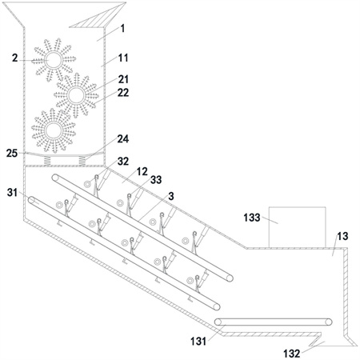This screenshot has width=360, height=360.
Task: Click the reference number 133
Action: click(252, 218)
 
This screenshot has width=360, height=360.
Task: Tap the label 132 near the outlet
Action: click(291, 354)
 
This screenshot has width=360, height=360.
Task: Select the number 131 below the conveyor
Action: click(198, 341)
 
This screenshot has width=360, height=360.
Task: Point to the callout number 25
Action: click(12, 154)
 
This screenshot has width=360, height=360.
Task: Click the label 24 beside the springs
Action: click(123, 139)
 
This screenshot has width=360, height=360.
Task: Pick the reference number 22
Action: click(123, 93)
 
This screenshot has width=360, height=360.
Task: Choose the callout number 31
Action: click(12, 192)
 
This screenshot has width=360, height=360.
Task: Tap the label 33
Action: click(156, 180)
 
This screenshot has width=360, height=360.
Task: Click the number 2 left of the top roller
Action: click(15, 58)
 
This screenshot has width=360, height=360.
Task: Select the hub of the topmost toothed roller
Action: click(54, 60)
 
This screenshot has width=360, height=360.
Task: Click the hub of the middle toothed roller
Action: click(76, 95)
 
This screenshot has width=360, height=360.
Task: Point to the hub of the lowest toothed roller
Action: click(54, 130)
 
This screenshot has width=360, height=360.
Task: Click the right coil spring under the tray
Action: click(83, 161)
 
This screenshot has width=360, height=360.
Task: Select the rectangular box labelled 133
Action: click(297, 227)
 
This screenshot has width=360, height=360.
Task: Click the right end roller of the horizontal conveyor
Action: click(329, 322)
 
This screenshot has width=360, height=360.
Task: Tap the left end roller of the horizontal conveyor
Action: click(218, 322)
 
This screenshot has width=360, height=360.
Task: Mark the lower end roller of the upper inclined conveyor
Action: click(230, 278)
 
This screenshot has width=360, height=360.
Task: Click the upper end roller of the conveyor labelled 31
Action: click(32, 200)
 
